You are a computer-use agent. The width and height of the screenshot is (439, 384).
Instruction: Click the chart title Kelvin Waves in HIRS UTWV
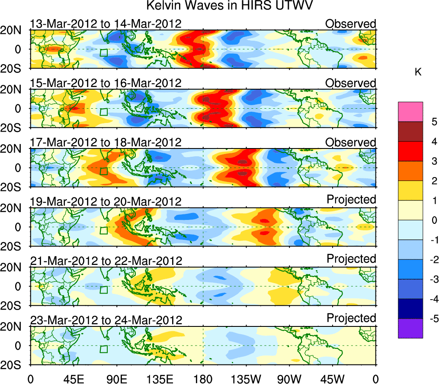click(x=229, y=6)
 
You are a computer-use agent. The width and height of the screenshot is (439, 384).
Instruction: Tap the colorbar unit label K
click(x=418, y=72)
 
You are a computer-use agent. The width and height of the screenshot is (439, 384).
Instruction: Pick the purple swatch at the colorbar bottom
click(x=410, y=328)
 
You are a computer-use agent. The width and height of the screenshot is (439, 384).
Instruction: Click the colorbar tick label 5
click(x=432, y=122)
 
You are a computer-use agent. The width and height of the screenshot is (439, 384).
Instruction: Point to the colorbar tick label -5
click(x=430, y=319)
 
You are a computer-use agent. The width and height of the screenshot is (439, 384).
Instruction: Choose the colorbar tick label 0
click(x=432, y=220)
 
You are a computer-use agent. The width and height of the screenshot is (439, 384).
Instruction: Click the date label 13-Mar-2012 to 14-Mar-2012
click(x=106, y=23)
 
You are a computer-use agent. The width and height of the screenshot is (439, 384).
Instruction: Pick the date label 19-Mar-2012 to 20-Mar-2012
click(x=106, y=201)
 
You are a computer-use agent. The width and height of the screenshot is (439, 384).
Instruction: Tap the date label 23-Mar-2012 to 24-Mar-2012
click(x=106, y=320)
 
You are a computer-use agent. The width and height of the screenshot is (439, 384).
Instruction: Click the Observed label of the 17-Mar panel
click(x=351, y=142)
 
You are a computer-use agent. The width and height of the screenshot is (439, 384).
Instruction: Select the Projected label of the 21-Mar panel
click(x=351, y=258)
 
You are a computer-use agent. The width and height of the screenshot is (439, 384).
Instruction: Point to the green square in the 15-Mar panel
click(x=103, y=112)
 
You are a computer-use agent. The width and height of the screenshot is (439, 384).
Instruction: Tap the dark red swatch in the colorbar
click(x=410, y=132)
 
